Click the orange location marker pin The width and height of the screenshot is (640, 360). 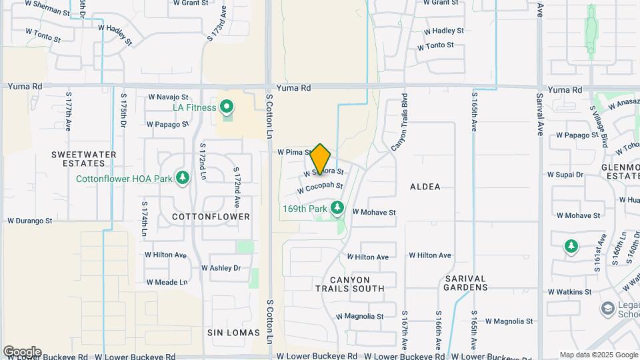coord(321,159)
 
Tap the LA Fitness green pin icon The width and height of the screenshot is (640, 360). coord(227,107)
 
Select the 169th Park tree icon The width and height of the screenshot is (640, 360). coord(337,209)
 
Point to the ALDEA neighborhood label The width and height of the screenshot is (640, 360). coord(425,187)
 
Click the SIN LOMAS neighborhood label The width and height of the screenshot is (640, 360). coord(229,332)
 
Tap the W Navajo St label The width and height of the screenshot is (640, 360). coord(168,97)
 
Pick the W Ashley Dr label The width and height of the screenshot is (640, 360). coord(221,268)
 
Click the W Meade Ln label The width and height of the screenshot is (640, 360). coord(167,282)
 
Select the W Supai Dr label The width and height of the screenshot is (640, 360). coord(565,175)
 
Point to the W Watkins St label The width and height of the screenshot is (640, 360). coord(568,292)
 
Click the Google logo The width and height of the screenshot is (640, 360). coord(22,352)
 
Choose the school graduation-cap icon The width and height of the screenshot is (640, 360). coord(607,308)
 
